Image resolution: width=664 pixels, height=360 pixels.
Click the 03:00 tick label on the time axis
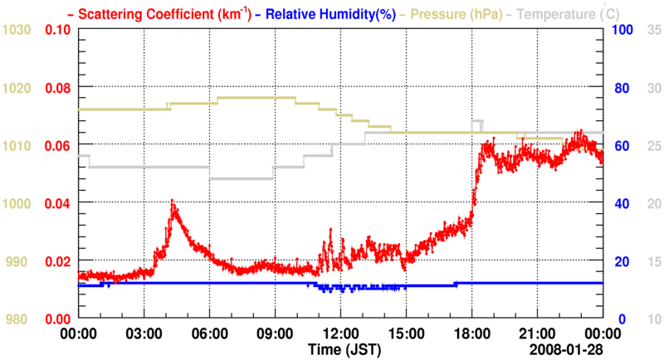click(x=144, y=333)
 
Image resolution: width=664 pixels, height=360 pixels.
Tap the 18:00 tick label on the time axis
click(x=471, y=333)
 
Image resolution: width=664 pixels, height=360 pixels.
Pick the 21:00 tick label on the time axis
click(x=537, y=333)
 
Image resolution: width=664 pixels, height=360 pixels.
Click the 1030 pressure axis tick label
click(x=17, y=30)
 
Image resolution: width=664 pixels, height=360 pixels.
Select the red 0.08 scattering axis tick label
click(x=57, y=88)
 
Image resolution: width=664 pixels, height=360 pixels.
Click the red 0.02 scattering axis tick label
click(x=57, y=261)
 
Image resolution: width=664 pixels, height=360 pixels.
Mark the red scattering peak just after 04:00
click(x=173, y=202)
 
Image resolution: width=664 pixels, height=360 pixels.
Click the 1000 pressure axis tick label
click(x=17, y=203)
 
